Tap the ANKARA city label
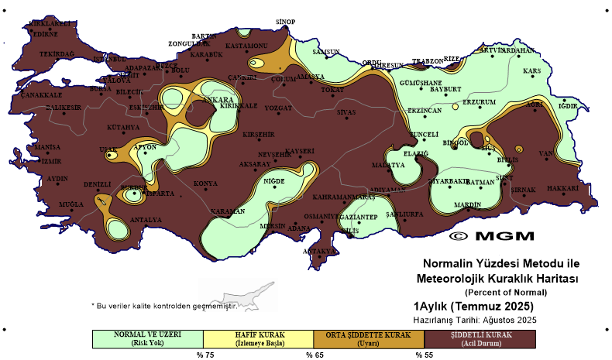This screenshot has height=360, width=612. [x=218, y=101]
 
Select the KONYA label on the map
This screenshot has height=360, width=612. [x=205, y=183]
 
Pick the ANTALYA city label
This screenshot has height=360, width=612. [x=145, y=220]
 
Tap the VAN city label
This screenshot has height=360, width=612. [x=546, y=153]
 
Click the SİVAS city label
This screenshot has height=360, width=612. [x=346, y=112]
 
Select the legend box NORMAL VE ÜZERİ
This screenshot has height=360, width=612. [x=147, y=338]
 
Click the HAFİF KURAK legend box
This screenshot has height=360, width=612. [x=258, y=338]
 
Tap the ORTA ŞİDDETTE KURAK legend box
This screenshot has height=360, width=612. [x=369, y=338]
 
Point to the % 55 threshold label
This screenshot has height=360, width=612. [x=424, y=355]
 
